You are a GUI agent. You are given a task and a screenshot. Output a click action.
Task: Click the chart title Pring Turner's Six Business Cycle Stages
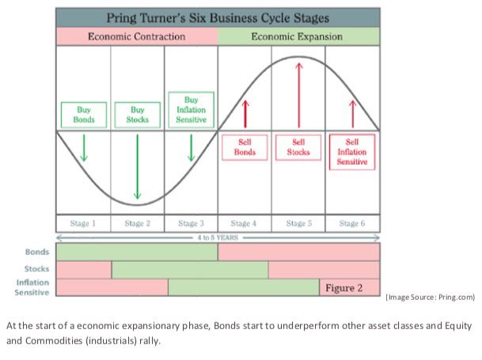(218, 17)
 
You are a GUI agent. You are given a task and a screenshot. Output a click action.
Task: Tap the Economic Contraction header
(137, 36)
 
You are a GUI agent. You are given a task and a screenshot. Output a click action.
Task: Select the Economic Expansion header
(298, 36)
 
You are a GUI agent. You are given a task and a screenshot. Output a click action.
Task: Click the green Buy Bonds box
(83, 114)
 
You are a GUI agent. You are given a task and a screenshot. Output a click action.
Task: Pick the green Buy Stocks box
(137, 114)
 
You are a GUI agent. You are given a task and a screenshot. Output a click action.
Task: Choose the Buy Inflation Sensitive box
(191, 109)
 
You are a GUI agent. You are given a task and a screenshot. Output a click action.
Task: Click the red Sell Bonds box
(245, 147)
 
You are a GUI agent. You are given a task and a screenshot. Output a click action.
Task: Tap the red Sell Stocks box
(298, 147)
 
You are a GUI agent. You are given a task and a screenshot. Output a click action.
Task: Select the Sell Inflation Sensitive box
(352, 150)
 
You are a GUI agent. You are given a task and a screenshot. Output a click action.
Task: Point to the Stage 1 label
(83, 223)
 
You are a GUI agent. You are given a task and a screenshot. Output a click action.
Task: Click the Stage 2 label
(137, 223)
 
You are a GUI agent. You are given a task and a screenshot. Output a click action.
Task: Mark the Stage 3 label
(191, 223)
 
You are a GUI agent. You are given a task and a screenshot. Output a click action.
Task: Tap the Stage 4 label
(245, 223)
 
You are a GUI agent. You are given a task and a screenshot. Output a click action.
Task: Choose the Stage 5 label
(298, 223)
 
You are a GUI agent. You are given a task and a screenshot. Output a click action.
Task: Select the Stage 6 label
(352, 223)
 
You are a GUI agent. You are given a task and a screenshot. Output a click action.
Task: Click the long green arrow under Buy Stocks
(138, 166)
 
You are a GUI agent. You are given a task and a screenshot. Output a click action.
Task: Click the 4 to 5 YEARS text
(218, 237)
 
